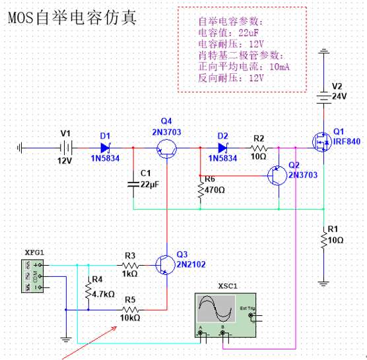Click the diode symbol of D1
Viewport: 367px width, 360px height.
(x=106, y=148)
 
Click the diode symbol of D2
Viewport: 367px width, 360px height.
(x=222, y=148)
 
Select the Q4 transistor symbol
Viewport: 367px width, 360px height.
(x=166, y=148)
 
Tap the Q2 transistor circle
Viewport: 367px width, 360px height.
(x=277, y=175)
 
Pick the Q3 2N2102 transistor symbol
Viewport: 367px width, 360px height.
(x=165, y=265)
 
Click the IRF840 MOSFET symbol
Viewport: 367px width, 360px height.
(x=322, y=142)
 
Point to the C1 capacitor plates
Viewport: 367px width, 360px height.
(x=133, y=185)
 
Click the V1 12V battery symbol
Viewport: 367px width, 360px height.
(x=66, y=148)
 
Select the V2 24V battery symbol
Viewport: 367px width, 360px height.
(x=323, y=98)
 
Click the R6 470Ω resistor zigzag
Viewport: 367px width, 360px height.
(x=201, y=189)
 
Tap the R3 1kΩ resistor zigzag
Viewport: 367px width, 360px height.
(x=131, y=265)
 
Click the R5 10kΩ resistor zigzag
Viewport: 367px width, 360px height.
(x=131, y=310)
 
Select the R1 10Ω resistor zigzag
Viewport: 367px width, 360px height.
(x=324, y=239)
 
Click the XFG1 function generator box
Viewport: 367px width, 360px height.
(x=32, y=276)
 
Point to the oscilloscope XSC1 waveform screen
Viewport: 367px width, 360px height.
(x=216, y=309)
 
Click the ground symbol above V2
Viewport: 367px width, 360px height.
(x=323, y=51)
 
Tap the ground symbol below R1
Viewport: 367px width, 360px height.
(x=323, y=284)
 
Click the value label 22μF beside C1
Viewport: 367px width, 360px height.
(x=150, y=185)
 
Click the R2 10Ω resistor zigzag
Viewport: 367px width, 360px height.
(x=259, y=148)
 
